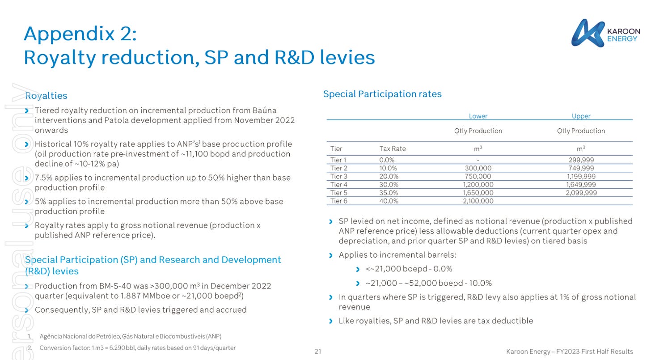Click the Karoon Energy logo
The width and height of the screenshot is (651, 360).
[605, 33]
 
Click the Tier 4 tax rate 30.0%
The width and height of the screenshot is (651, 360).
[389, 185]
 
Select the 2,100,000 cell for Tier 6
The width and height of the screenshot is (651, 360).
[478, 201]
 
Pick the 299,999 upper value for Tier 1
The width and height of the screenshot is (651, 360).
[581, 160]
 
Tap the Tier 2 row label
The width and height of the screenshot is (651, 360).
[338, 168]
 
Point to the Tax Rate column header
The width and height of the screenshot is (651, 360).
[393, 148]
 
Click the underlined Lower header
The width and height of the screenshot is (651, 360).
[478, 116]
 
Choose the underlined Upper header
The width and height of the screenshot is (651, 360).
[581, 116]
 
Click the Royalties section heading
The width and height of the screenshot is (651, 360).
[46, 96]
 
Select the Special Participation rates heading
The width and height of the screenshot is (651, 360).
[382, 94]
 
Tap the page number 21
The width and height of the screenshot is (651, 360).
[317, 352]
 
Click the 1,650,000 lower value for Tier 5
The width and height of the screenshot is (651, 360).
[478, 193]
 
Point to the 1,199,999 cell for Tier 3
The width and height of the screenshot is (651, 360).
[581, 177]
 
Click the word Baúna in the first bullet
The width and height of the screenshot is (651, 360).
[264, 110]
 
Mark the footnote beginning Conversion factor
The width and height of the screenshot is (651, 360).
[137, 348]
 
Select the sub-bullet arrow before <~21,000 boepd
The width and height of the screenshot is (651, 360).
[358, 269]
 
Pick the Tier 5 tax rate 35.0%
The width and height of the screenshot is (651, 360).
[389, 193]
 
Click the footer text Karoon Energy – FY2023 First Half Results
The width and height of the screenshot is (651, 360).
[569, 352]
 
